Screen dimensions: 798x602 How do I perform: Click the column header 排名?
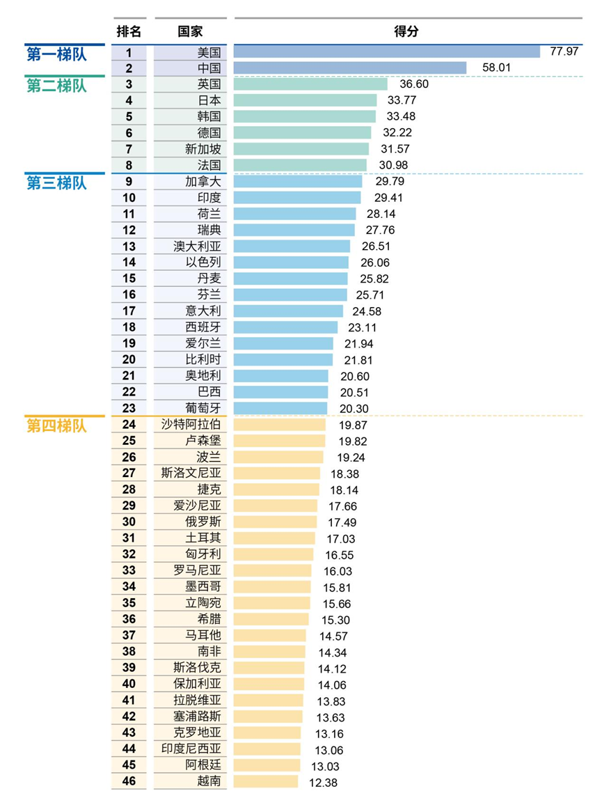point(129,31)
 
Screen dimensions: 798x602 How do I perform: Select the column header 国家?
point(190,31)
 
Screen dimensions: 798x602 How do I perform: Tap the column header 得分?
point(406,31)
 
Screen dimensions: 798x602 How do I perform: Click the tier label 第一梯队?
point(57,54)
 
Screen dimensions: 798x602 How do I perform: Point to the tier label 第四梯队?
point(57,425)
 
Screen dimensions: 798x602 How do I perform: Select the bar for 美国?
point(387,52)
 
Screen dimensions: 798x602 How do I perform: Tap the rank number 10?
point(129,198)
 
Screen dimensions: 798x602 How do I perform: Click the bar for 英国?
point(310,84)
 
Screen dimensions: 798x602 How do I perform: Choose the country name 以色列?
point(203,263)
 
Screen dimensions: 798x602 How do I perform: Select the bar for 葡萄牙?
point(280,409)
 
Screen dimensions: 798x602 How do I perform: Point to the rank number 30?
point(129,522)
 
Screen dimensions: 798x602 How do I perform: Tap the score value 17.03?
point(340,538)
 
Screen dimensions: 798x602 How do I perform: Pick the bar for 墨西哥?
point(272,587)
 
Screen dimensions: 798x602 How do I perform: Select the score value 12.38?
point(323,782)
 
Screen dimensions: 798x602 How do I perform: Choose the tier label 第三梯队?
point(57,182)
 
